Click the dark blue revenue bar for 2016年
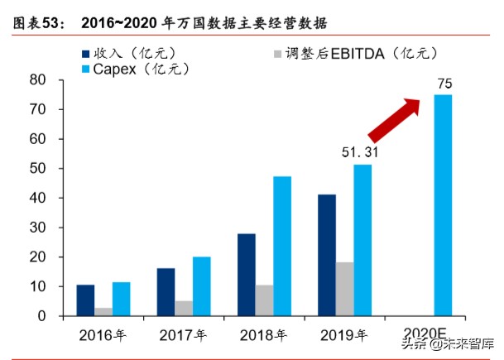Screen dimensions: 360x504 tap(85, 300)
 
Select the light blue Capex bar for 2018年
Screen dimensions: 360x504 tap(282, 246)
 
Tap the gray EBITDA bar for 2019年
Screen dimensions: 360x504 tap(343, 289)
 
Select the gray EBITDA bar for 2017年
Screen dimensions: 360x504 tap(183, 308)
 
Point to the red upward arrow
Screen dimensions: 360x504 tap(393, 120)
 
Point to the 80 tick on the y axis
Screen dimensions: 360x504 tap(36, 80)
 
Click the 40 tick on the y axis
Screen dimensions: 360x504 tap(36, 198)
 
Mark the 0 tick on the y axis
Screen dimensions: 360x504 tap(40, 316)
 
